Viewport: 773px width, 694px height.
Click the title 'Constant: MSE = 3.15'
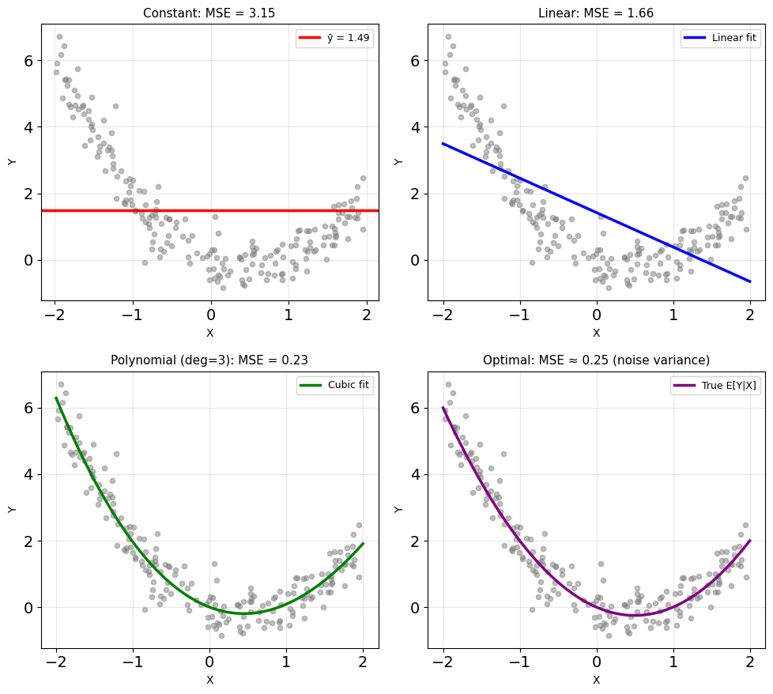pyautogui.click(x=209, y=13)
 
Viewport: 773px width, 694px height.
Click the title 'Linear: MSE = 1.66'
pyautogui.click(x=596, y=13)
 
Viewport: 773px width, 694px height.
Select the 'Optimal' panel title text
pyautogui.click(x=596, y=360)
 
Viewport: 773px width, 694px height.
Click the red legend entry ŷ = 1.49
pyautogui.click(x=335, y=38)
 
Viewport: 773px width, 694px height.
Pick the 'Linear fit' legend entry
pyautogui.click(x=720, y=38)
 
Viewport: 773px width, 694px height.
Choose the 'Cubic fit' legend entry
pyautogui.click(x=335, y=385)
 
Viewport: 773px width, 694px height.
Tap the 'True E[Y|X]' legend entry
pyautogui.click(x=715, y=385)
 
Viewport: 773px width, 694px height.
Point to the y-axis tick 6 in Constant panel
pyautogui.click(x=28, y=61)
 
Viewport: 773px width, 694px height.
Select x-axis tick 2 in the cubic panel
pyautogui.click(x=363, y=662)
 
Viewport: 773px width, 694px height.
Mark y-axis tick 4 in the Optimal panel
pyautogui.click(x=415, y=475)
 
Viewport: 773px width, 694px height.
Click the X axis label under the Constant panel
pyautogui.click(x=210, y=334)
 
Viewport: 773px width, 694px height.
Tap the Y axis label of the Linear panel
pyautogui.click(x=398, y=162)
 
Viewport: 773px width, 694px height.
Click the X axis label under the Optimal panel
pyautogui.click(x=597, y=681)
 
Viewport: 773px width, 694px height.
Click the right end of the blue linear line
pyautogui.click(x=750, y=281)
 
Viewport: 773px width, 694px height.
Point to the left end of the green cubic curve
pyautogui.click(x=56, y=398)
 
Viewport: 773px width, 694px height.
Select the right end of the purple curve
pyautogui.click(x=750, y=540)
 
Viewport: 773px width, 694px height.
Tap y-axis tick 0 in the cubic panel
pyautogui.click(x=28, y=608)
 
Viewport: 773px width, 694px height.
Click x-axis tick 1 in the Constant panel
pyautogui.click(x=288, y=315)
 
